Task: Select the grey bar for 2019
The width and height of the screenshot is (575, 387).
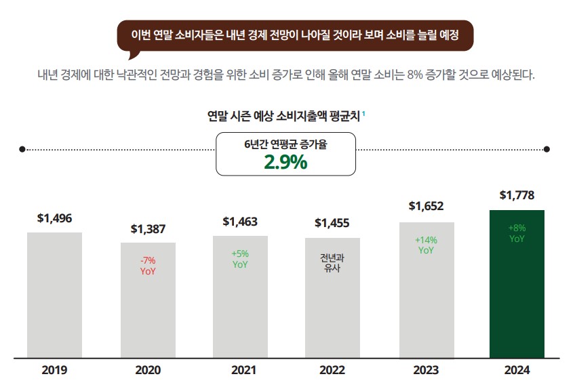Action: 54,295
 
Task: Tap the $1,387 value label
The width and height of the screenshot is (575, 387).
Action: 148,229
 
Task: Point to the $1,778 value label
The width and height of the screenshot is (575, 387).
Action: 517,196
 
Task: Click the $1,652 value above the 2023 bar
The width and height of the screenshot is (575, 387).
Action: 426,206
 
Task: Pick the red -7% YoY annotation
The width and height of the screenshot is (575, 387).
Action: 148,266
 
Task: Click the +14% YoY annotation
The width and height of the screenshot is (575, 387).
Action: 426,245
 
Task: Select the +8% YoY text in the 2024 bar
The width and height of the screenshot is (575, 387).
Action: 517,233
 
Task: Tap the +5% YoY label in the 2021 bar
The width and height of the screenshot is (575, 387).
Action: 240,259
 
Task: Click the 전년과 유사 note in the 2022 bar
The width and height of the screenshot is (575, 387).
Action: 332,263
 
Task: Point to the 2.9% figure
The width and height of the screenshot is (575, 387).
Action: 285,163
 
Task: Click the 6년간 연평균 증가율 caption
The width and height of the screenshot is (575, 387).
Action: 285,144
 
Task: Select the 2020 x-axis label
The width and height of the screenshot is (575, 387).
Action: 148,371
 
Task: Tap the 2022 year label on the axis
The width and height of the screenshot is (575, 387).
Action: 332,371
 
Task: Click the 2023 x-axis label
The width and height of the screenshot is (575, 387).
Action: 425,371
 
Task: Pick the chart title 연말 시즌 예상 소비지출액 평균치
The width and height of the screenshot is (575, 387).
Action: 283,116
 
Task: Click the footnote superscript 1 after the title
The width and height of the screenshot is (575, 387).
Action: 364,113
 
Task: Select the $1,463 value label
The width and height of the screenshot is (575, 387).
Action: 240,222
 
